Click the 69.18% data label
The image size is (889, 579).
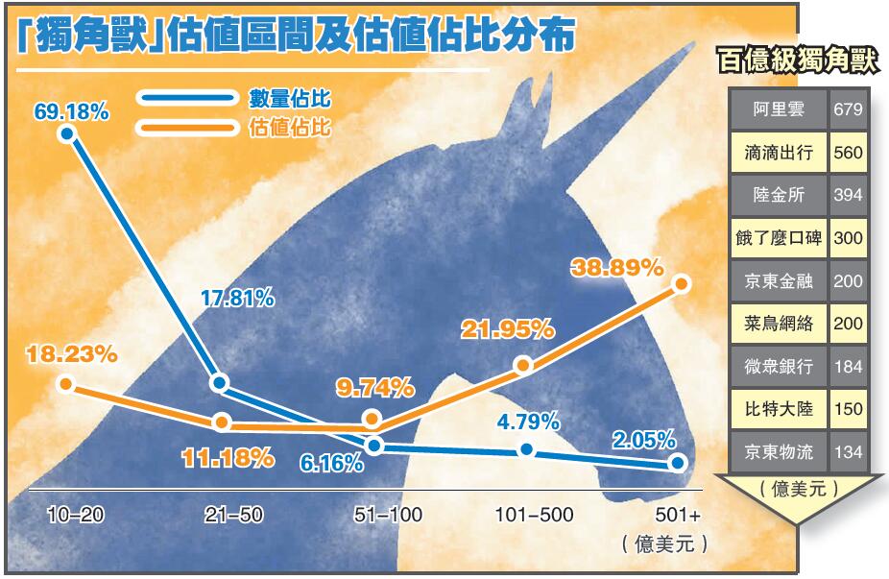72,110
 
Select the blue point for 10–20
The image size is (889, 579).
66,133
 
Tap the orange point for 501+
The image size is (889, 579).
682,283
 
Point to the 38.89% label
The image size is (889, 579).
616,266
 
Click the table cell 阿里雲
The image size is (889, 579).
778,109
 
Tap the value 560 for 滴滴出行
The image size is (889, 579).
848,153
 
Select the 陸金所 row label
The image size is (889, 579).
778,195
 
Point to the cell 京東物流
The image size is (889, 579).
778,451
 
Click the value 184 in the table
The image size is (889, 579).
848,366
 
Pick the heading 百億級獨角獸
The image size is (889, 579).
798,61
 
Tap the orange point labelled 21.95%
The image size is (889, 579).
523,365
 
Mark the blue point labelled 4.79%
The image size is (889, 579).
525,449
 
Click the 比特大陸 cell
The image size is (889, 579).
778,409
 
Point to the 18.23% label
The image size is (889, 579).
72,353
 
